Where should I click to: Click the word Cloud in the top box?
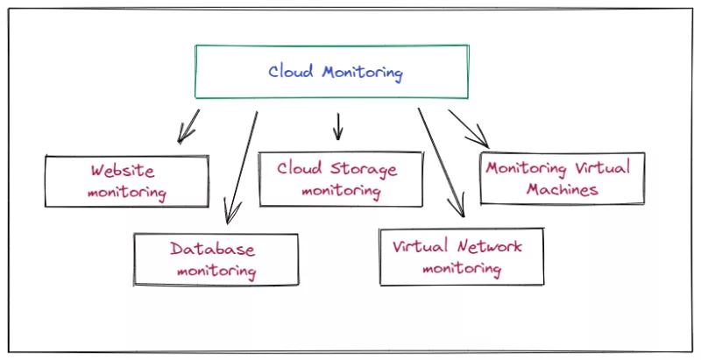click(291, 71)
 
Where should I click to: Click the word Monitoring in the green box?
click(361, 72)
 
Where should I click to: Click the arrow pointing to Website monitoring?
click(188, 125)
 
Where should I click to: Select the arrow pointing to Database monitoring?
click(241, 166)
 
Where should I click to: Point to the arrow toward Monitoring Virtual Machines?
click(468, 127)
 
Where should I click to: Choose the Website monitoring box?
click(127, 181)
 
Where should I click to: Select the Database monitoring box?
click(215, 259)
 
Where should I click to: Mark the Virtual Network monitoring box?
click(461, 257)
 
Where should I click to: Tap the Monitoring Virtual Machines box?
click(563, 178)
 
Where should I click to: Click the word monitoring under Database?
click(216, 271)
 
